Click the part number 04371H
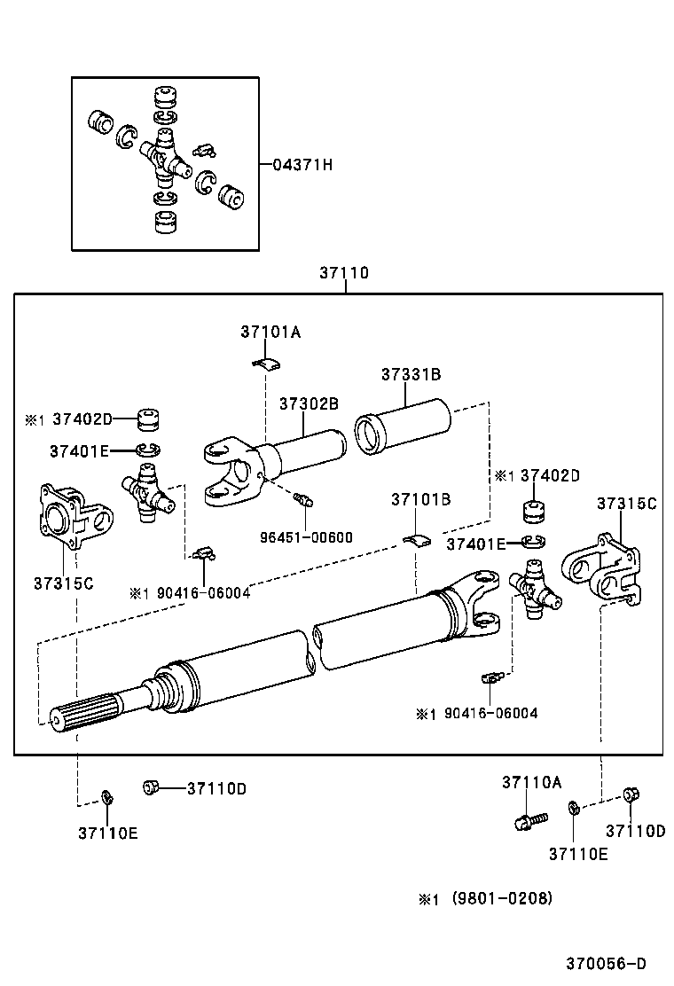click(302, 165)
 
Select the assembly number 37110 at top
click(344, 273)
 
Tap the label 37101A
click(270, 332)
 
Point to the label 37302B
click(309, 403)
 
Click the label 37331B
click(411, 374)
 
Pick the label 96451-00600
click(306, 536)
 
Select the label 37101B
click(420, 500)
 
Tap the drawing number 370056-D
click(607, 963)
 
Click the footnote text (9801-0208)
click(502, 898)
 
